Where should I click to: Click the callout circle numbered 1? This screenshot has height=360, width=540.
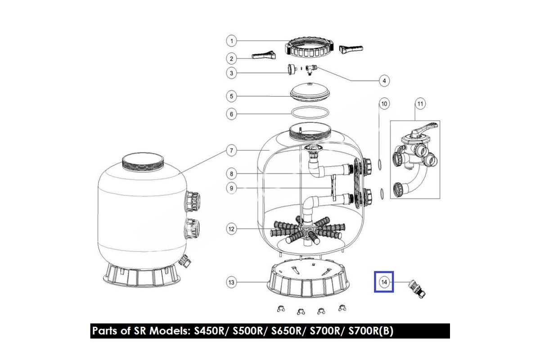[x=232, y=41]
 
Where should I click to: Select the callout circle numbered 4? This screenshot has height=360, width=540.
[x=384, y=81]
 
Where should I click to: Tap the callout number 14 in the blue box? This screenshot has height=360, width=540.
[x=384, y=282]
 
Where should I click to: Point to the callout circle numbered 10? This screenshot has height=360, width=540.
[x=384, y=103]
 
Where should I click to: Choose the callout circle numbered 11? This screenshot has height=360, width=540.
[x=420, y=103]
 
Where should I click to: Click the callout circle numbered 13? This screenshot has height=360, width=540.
[x=231, y=282]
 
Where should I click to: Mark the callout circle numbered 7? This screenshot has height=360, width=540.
[x=231, y=151]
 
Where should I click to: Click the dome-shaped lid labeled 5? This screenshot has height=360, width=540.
[x=310, y=92]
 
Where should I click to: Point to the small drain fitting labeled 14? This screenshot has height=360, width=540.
[x=417, y=289]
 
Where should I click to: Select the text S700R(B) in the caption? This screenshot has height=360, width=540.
[x=371, y=331]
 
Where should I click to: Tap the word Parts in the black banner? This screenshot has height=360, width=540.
[x=105, y=331]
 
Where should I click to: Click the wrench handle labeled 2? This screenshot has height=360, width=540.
[x=264, y=55]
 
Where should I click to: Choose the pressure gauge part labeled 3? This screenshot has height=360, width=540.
[x=291, y=69]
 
